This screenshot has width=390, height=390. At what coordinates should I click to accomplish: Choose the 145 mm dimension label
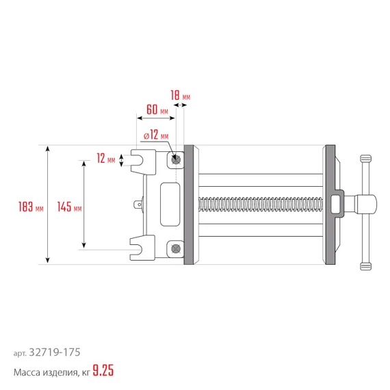click(x=69, y=206)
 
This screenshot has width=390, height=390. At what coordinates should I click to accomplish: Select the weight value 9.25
click(x=103, y=372)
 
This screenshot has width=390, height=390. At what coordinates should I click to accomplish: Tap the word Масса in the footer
click(x=28, y=372)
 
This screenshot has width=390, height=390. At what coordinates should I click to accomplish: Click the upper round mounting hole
click(x=177, y=159)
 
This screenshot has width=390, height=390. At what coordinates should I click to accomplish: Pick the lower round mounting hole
click(x=177, y=249)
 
